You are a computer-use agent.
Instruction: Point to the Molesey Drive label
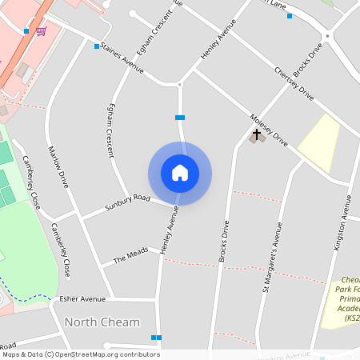[269, 127]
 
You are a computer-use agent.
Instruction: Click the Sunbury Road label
[128, 202]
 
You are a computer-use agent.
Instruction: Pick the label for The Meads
[130, 255]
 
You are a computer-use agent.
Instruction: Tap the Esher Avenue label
[82, 299]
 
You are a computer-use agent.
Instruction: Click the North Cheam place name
[102, 322]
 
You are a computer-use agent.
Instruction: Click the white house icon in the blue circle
[180, 173]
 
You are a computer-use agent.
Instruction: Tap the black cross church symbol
[257, 134]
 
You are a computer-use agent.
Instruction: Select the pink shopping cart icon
[40, 31]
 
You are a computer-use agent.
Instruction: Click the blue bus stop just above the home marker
[180, 118]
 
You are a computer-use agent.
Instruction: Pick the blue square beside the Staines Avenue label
[97, 46]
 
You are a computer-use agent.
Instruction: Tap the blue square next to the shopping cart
[26, 31]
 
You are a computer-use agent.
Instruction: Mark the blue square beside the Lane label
[290, 16]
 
